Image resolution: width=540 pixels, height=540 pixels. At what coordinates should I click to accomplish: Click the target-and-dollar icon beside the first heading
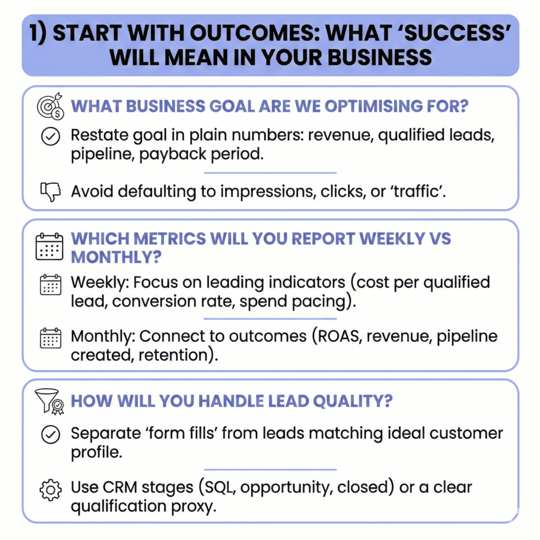tap(51, 106)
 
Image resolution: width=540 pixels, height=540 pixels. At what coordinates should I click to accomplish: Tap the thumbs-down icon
tap(51, 191)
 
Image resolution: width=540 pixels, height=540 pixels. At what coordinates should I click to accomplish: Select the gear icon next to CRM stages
tap(51, 490)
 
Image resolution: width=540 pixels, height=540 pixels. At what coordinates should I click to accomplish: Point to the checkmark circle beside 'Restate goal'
tap(51, 136)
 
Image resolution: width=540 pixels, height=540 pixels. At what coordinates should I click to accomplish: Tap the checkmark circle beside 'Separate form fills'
tap(51, 435)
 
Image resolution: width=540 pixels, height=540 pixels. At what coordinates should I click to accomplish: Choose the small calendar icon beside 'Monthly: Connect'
tap(51, 338)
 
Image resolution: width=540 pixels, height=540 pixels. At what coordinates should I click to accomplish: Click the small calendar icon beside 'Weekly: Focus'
tap(51, 284)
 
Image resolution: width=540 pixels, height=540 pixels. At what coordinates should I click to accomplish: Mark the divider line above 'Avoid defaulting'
tap(270, 173)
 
